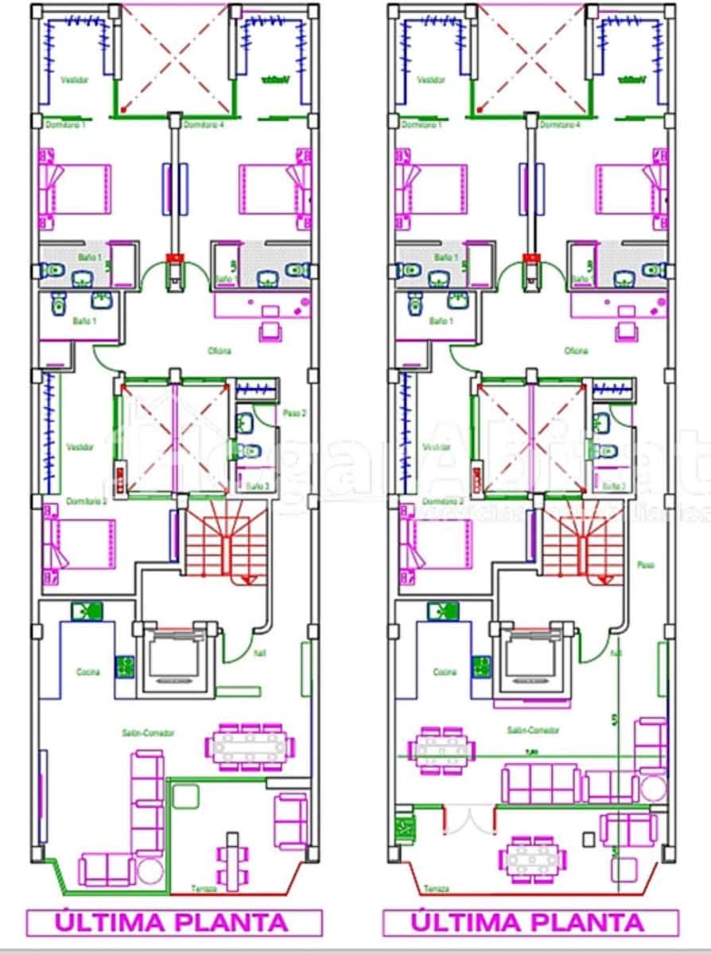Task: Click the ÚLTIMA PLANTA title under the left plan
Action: pos(173,922)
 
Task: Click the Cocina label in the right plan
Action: pos(444,673)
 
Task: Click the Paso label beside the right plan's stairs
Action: pos(646,564)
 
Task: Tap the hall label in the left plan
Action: pos(259,653)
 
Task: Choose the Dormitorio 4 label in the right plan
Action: pos(560,125)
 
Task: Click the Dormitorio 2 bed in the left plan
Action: pos(79,544)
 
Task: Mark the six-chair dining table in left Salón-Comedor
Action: pos(249,747)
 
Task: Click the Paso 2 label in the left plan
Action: pos(295,413)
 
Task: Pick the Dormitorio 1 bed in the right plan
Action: pos(433,188)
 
